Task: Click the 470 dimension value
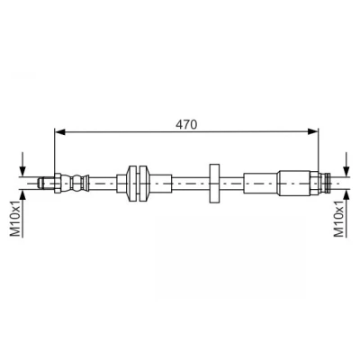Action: click(186, 124)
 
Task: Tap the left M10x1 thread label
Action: click(15, 219)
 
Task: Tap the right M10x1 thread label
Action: click(339, 220)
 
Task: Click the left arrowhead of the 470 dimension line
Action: click(60, 131)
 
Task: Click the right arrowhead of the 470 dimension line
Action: click(312, 131)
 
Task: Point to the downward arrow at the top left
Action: click(22, 165)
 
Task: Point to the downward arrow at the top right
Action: click(346, 165)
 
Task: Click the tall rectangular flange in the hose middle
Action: click(214, 184)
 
